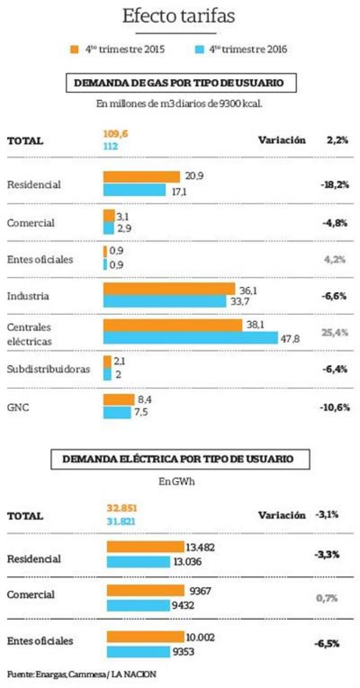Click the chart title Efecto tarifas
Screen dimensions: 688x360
point(179,16)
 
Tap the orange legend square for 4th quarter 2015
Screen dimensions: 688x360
point(74,49)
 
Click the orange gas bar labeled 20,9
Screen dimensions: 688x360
point(141,177)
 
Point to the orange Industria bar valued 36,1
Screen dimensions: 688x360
point(169,289)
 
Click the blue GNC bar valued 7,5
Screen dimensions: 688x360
point(117,413)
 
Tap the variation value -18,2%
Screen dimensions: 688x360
point(334,185)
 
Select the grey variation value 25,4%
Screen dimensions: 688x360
point(335,332)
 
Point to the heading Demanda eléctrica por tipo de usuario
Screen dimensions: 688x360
point(180,459)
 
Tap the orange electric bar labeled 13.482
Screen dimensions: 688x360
point(145,547)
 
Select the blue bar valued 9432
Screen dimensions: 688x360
point(139,605)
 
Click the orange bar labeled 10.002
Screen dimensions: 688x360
point(145,637)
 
